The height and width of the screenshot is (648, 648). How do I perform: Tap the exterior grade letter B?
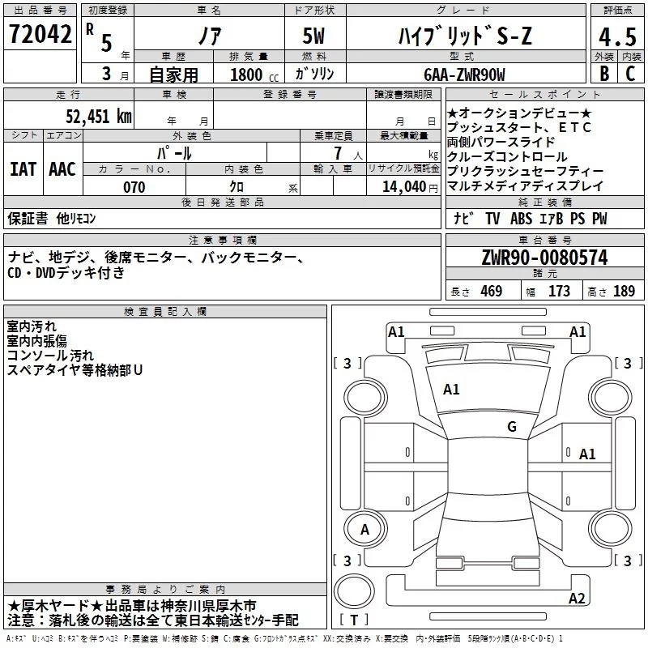[x=603, y=74]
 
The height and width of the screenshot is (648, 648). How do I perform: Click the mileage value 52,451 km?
[x=98, y=115]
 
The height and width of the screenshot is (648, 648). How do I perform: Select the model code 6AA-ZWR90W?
[x=464, y=75]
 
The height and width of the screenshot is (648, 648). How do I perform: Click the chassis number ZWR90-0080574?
[x=544, y=258]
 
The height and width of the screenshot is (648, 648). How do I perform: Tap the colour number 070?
[x=134, y=187]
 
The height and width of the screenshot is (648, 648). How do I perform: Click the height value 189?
[x=624, y=292]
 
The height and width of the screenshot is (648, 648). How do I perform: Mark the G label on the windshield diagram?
[x=512, y=426]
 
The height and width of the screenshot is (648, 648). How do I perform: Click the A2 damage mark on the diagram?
[x=577, y=599]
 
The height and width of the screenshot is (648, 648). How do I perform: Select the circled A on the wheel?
[x=364, y=530]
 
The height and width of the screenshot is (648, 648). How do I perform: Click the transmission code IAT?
[x=23, y=168]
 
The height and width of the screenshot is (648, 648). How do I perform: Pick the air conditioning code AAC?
[x=62, y=168]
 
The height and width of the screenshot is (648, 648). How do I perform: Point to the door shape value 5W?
[x=315, y=37]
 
